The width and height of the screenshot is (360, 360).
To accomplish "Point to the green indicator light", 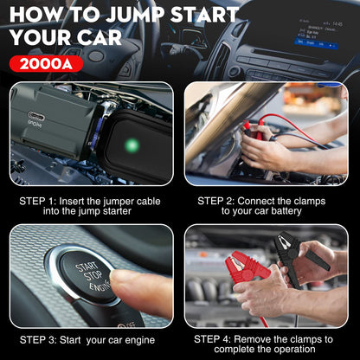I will (x=132, y=145).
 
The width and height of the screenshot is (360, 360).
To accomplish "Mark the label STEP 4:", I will (x=217, y=338).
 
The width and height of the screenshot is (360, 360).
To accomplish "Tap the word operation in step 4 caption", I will (x=294, y=350).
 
